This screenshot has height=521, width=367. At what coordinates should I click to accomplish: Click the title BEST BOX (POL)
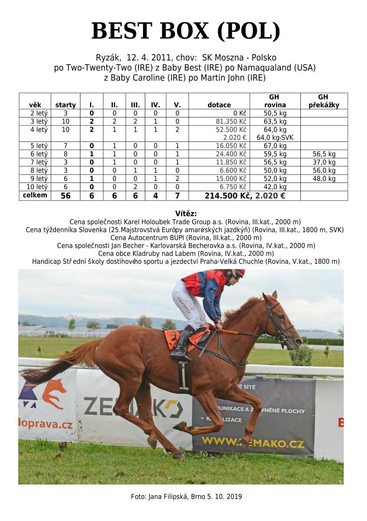click(186, 32)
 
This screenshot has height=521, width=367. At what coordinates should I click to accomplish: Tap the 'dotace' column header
click(219, 105)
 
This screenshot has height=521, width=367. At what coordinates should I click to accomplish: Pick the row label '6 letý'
click(35, 154)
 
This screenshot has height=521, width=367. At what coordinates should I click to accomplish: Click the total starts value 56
click(65, 196)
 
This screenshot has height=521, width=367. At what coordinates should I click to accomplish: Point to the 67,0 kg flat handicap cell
click(275, 146)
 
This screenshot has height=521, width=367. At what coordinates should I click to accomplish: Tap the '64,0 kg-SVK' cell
click(275, 137)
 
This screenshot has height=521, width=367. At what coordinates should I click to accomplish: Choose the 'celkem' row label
click(35, 195)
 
